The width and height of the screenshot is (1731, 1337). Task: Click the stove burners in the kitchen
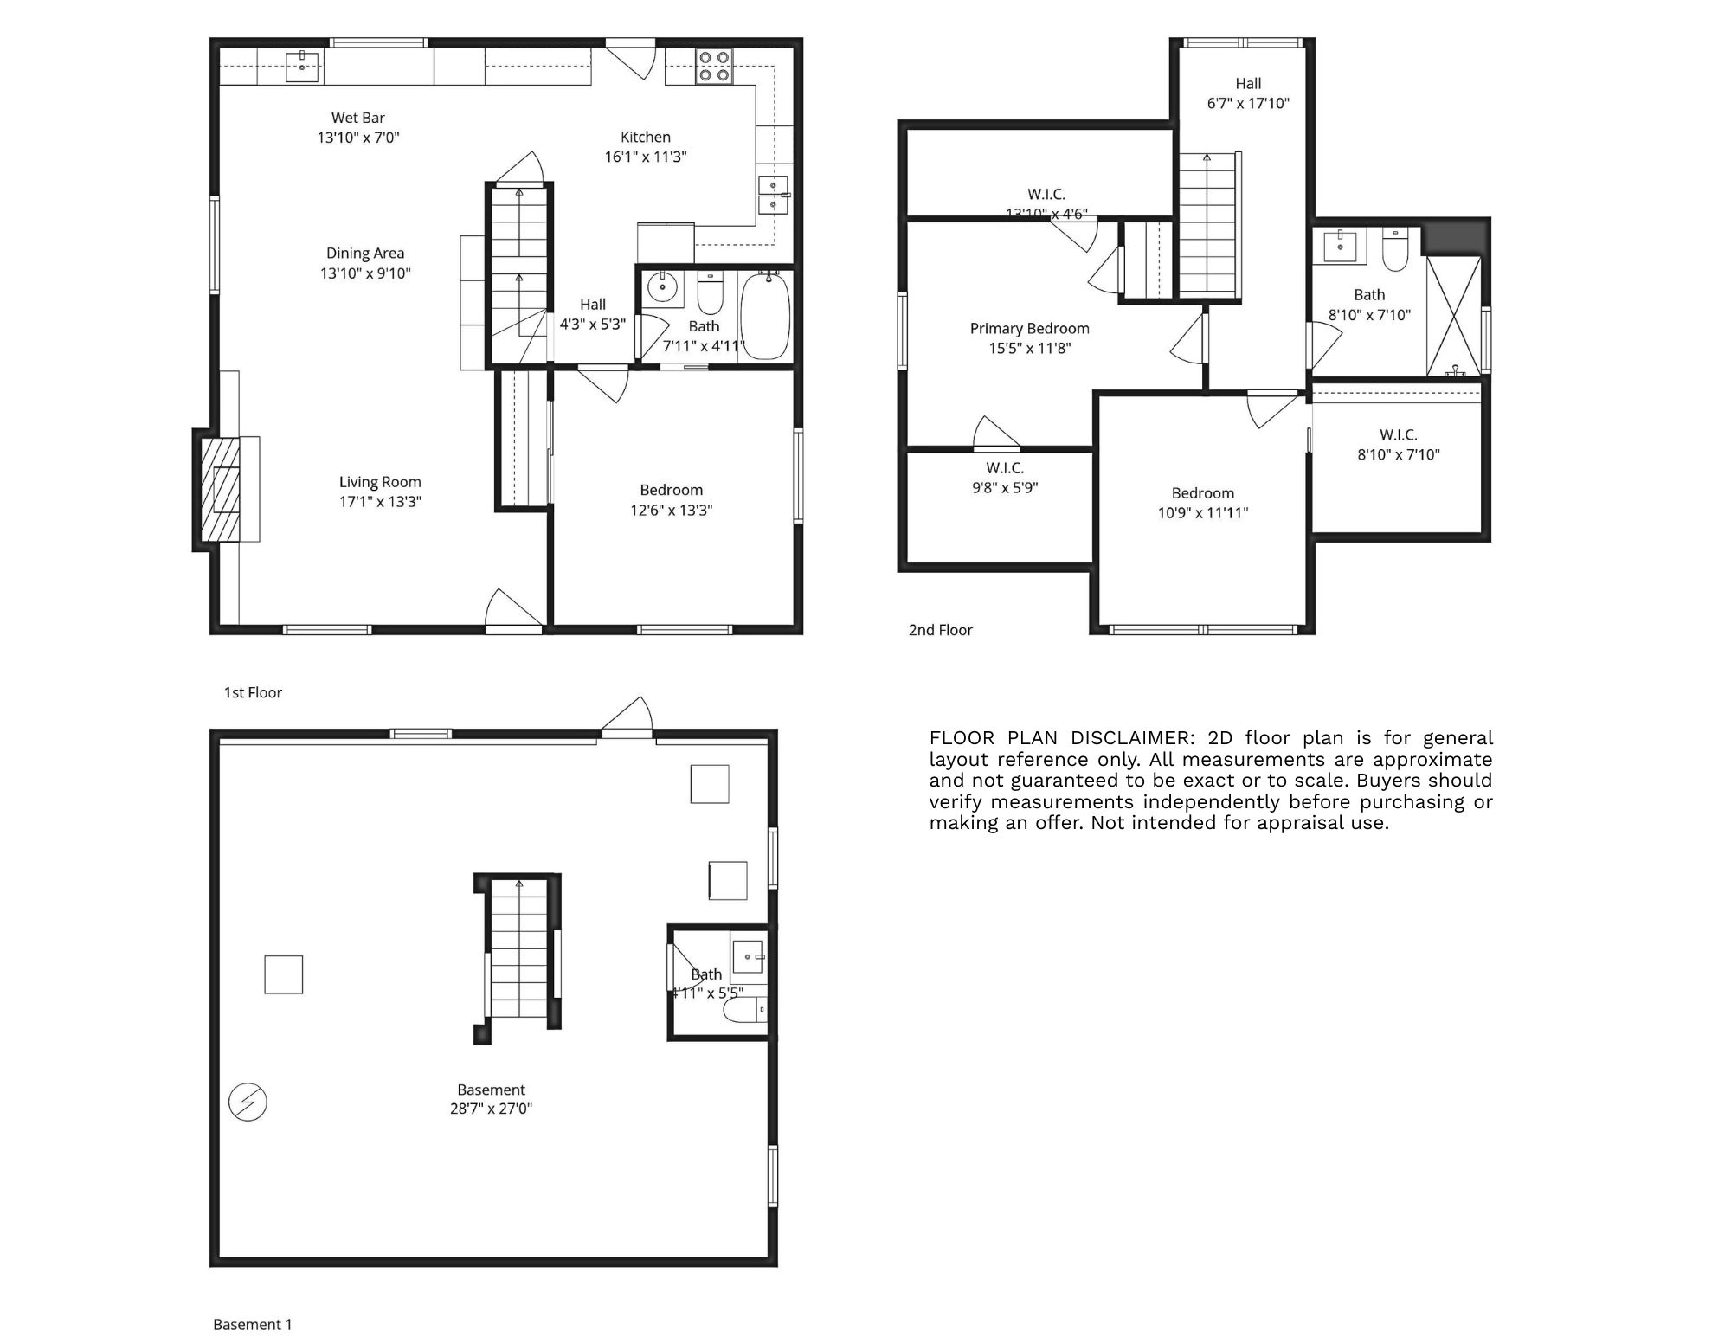click(715, 67)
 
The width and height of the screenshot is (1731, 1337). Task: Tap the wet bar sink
click(302, 67)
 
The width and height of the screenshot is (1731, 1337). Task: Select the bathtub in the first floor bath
click(765, 316)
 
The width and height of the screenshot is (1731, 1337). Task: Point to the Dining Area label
click(365, 254)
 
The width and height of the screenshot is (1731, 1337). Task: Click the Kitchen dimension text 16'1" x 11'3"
click(645, 157)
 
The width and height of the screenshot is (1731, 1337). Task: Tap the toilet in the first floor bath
click(710, 294)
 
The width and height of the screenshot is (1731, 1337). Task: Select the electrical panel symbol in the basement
click(248, 1102)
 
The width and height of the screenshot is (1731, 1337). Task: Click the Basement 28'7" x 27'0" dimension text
click(491, 1109)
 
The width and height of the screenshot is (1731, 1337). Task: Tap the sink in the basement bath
click(749, 957)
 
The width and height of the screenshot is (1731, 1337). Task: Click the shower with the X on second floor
click(1453, 316)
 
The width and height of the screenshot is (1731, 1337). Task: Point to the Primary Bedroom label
click(1029, 329)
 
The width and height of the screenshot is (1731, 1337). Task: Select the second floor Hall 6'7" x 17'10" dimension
click(1248, 103)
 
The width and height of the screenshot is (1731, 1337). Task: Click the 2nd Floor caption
click(940, 630)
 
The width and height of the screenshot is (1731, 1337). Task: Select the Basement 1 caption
click(252, 1324)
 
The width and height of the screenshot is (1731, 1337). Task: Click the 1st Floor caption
click(253, 692)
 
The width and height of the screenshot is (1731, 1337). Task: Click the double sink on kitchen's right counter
click(774, 196)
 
